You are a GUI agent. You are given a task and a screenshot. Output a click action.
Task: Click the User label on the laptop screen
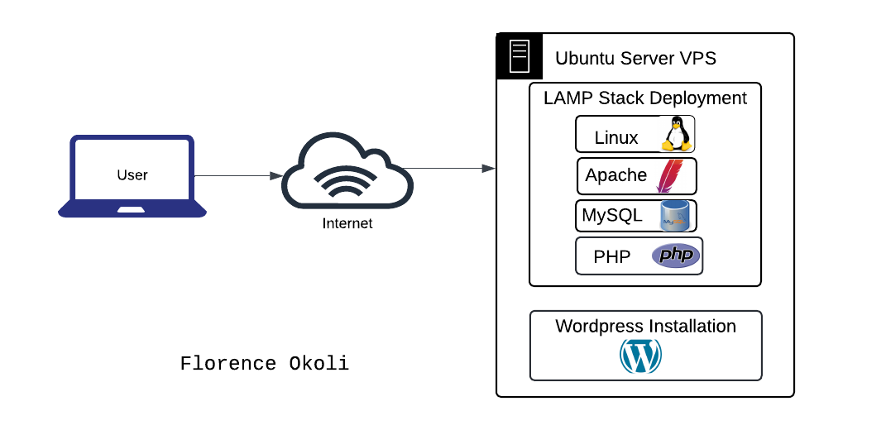click(132, 174)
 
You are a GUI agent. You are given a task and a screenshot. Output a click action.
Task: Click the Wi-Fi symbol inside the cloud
click(347, 182)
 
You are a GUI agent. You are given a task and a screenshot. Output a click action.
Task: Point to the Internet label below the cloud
click(347, 223)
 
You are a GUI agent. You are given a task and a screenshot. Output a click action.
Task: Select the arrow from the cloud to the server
click(452, 169)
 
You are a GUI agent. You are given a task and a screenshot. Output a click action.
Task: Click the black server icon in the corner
click(520, 56)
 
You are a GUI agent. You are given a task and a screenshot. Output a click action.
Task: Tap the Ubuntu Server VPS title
click(635, 58)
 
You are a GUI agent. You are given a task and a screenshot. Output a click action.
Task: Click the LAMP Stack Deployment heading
click(644, 98)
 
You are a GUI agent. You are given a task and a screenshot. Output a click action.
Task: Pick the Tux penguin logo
click(676, 134)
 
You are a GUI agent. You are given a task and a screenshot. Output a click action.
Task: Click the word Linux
click(616, 137)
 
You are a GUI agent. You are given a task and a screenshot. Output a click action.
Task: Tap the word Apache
click(615, 175)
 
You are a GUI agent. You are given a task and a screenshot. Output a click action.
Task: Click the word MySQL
click(612, 215)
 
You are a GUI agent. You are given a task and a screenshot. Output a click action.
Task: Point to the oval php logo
click(676, 256)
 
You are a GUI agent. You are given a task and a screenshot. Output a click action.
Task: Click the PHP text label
click(612, 256)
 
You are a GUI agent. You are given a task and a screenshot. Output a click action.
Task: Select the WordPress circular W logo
click(641, 356)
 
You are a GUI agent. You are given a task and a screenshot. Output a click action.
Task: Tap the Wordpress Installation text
click(645, 326)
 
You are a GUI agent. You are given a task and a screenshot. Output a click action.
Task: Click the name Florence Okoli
click(265, 364)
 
